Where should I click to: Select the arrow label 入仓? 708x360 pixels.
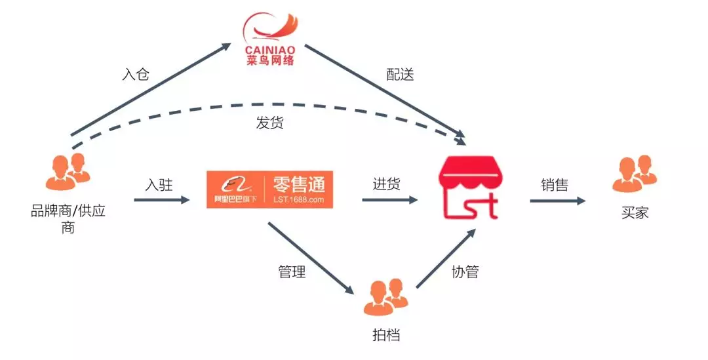(136, 73)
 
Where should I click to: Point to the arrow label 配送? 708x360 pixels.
(400, 74)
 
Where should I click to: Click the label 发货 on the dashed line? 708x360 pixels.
(269, 122)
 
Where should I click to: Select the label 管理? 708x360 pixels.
(292, 271)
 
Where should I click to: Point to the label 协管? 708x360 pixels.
(465, 271)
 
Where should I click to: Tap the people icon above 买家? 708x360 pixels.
(634, 174)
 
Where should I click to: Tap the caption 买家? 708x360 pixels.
(634, 212)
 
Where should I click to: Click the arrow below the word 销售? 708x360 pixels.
(557, 201)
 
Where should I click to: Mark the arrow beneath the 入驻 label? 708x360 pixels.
(160, 199)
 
